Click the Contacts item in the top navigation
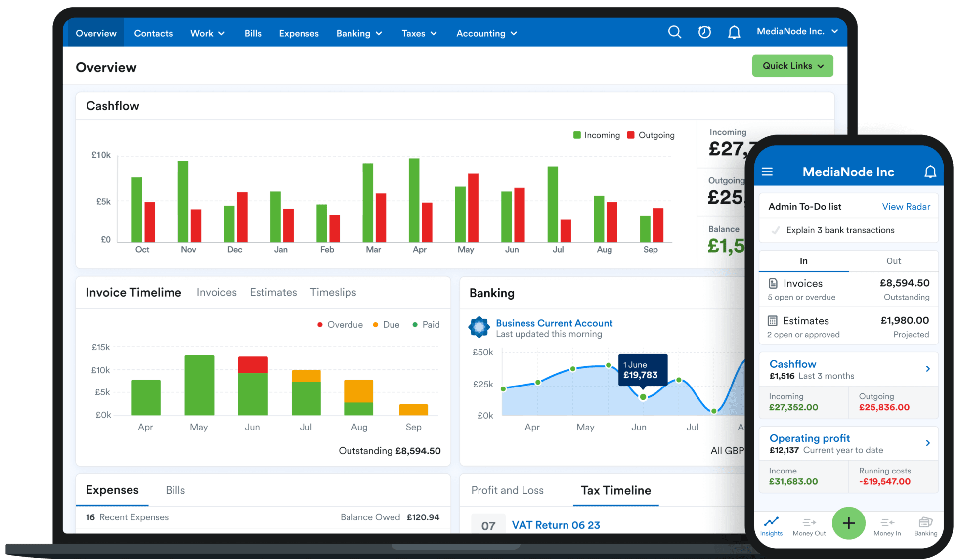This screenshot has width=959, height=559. (x=153, y=33)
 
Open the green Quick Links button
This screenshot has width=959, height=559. (x=792, y=66)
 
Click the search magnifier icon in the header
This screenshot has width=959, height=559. (x=674, y=32)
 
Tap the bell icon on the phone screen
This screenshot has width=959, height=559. (x=930, y=172)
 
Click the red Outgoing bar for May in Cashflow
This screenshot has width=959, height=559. (x=473, y=208)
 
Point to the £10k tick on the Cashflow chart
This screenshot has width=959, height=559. (x=101, y=155)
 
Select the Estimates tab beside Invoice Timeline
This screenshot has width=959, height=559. (x=273, y=292)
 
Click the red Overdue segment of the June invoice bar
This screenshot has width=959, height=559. (x=253, y=365)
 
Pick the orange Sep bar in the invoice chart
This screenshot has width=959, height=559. (x=413, y=410)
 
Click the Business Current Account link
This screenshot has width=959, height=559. (x=554, y=323)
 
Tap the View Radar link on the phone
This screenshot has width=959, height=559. (x=906, y=207)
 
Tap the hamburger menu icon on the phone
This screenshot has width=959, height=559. (x=767, y=172)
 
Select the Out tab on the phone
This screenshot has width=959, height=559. (x=893, y=261)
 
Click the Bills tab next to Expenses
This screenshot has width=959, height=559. (x=175, y=490)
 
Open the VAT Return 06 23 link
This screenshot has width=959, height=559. (x=556, y=525)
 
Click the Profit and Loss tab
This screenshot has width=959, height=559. (x=507, y=490)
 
